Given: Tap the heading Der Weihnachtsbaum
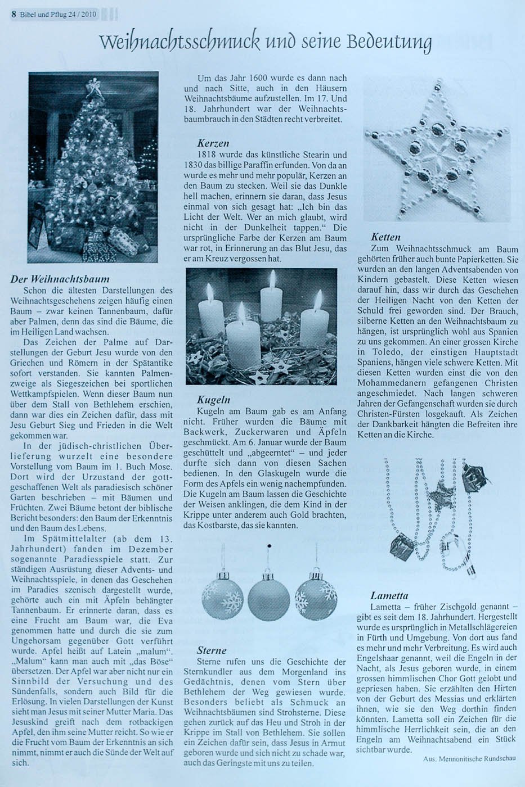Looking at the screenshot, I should (x=60, y=279).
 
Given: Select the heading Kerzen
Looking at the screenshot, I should (x=213, y=143).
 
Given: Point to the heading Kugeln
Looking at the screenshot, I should (x=213, y=400).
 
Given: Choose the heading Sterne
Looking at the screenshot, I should (x=212, y=650).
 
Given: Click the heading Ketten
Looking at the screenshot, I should (x=386, y=237).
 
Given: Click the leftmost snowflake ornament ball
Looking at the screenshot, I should (x=223, y=596).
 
